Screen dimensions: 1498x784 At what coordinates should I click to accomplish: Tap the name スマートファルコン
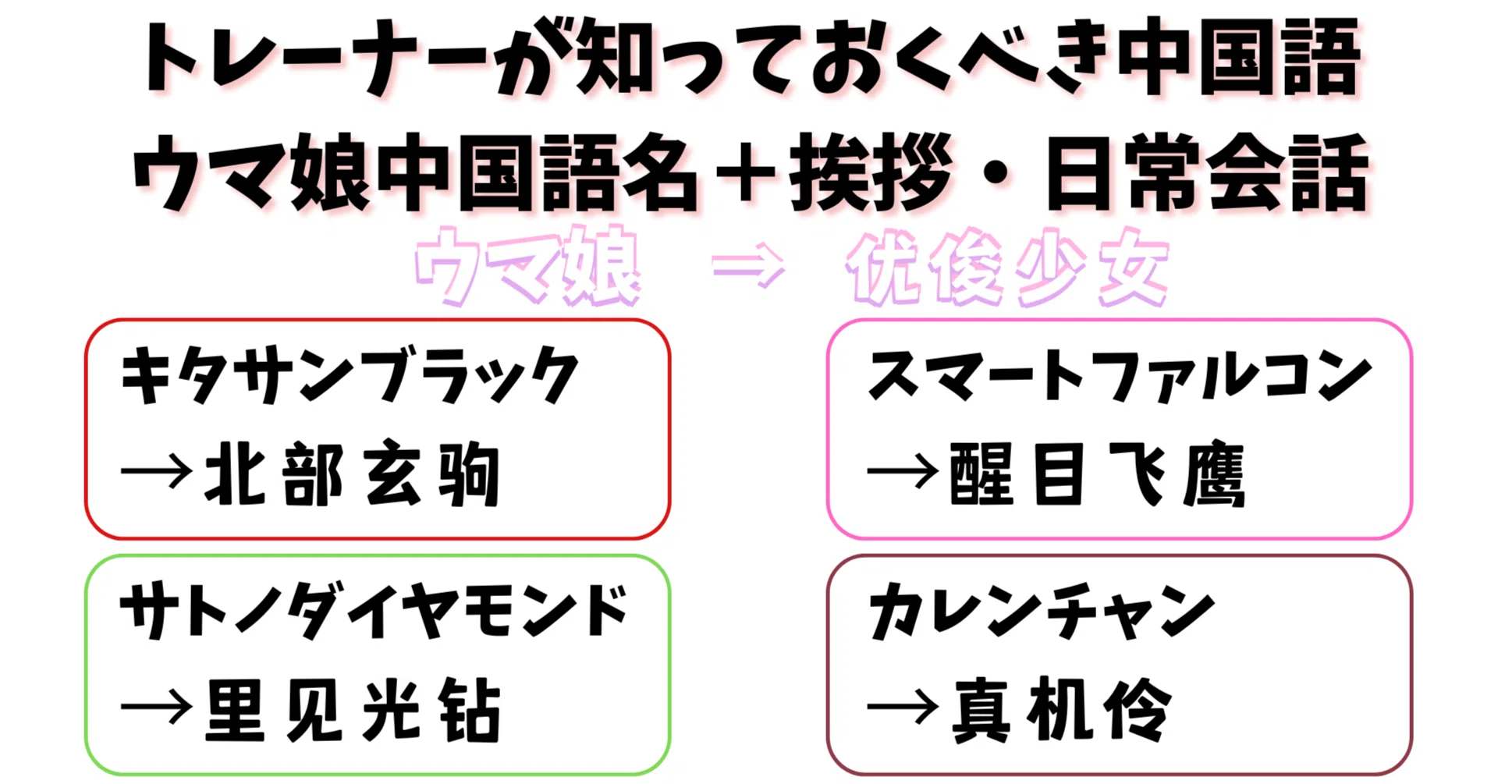[x=1120, y=376]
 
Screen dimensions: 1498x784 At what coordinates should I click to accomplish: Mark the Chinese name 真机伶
[x=1062, y=709]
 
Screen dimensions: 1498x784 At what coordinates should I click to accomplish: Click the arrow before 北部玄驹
[x=156, y=471]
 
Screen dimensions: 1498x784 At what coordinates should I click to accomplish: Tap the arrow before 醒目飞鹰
[x=903, y=471]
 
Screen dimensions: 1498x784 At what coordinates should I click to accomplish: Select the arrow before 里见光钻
[x=156, y=708]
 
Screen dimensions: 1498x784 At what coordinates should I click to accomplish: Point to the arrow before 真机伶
[x=903, y=708]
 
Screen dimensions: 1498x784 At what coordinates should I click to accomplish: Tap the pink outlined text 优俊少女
[x=1007, y=268]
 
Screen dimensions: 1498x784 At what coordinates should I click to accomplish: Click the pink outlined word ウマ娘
[x=528, y=266]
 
